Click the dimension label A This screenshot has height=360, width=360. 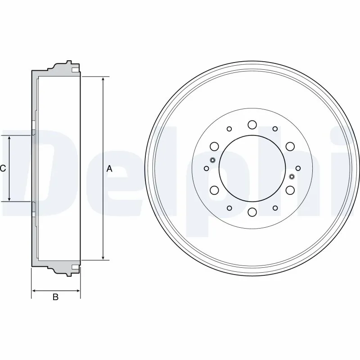pyautogui.click(x=109, y=169)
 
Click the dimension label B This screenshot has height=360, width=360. pyautogui.click(x=56, y=297)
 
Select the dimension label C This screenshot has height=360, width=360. pyautogui.click(x=3, y=169)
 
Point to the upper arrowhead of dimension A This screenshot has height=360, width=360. pyautogui.click(x=103, y=80)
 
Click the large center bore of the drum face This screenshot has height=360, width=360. pyautogui.click(x=252, y=168)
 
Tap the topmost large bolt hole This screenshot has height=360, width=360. pyautogui.click(x=252, y=125)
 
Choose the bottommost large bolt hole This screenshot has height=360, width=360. pyautogui.click(x=252, y=212)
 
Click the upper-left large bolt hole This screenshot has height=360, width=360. pyautogui.click(x=214, y=146)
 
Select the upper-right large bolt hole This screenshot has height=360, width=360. pyautogui.click(x=290, y=146)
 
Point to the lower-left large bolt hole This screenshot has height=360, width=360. pyautogui.click(x=214, y=190)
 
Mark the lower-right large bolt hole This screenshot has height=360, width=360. pyautogui.click(x=290, y=190)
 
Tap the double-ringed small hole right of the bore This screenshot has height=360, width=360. pyautogui.click(x=292, y=176)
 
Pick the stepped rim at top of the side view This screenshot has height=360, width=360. pyautogui.click(x=63, y=67)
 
